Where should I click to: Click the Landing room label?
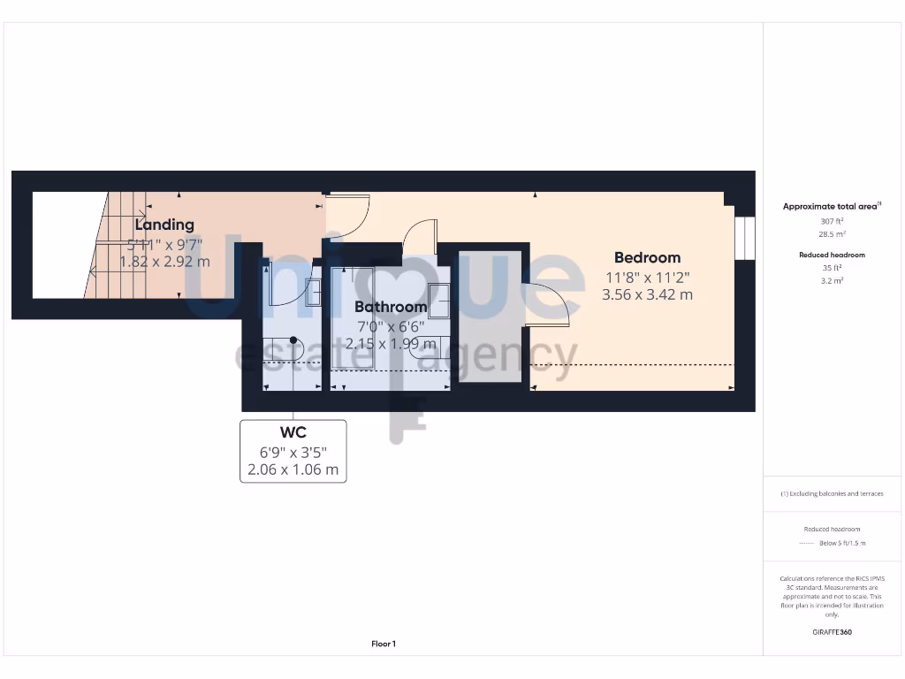point(164,225)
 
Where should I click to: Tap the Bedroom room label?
point(647,257)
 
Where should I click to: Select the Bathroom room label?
point(391,307)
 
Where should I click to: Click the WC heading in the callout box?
point(293,432)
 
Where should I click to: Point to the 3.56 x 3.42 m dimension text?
point(647,294)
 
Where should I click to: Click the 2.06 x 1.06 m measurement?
point(293,469)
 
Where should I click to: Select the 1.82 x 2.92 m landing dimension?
point(164,262)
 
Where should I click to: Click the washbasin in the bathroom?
point(439,294)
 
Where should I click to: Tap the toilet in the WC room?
point(294,347)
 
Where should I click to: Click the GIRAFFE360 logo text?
point(831,632)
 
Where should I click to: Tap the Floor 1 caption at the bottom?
point(384,645)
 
